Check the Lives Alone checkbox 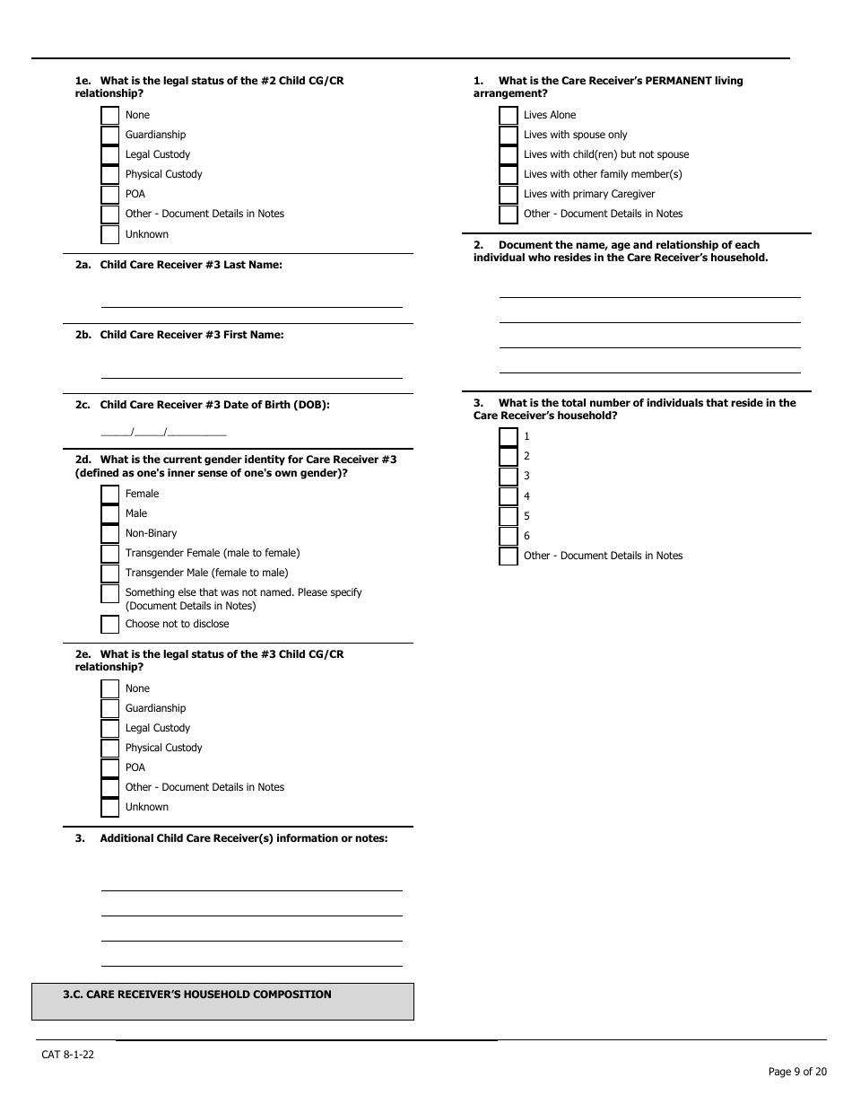[509, 116]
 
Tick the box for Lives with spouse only [509, 136]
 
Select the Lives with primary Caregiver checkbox [509, 195]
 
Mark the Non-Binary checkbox [110, 534]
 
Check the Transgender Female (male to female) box [110, 554]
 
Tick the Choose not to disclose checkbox [110, 625]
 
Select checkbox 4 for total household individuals [509, 497]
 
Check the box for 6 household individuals [509, 537]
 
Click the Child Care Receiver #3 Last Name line [251, 300]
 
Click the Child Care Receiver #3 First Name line [251, 370]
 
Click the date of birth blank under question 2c [163, 431]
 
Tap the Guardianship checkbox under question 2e [110, 709]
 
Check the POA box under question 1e [110, 195]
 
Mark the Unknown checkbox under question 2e [110, 808]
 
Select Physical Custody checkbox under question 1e [110, 175]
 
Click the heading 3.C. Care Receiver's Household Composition [197, 994]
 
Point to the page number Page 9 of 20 [797, 1072]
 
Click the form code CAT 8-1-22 [67, 1055]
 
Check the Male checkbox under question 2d [110, 514]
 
